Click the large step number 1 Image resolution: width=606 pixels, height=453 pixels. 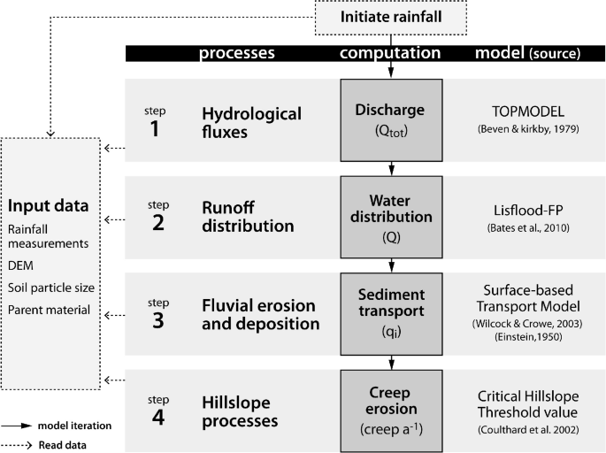(x=156, y=129)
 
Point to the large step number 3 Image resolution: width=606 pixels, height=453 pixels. (x=157, y=321)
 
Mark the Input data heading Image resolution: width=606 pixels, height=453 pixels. (x=50, y=206)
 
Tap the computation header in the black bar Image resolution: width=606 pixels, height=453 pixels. (x=390, y=53)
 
